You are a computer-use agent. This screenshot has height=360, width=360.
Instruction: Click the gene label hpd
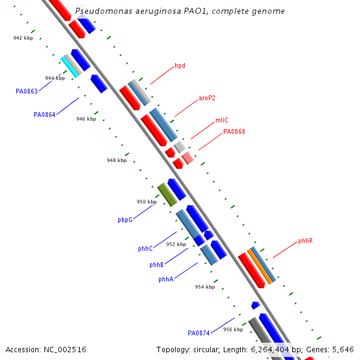[x=180, y=65]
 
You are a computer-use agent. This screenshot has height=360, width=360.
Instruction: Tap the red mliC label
[x=222, y=120]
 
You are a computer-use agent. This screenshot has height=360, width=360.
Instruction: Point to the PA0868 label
[x=234, y=131]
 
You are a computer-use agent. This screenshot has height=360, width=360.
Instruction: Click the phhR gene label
[x=305, y=241]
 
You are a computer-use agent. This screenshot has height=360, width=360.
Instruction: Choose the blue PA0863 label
[x=26, y=91]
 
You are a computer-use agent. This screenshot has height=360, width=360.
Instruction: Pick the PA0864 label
[x=44, y=115]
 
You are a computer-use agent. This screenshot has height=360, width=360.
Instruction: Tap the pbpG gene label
[x=125, y=220]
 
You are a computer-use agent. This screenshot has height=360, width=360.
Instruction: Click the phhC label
[x=145, y=248]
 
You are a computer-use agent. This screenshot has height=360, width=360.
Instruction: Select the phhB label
[x=157, y=265]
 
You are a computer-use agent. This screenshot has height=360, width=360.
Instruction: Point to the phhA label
[x=166, y=280]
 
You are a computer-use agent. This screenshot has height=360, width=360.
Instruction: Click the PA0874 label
[x=199, y=333]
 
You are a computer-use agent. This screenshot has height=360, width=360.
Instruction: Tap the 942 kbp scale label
[x=23, y=38]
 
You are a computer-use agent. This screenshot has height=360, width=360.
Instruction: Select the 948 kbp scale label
[x=116, y=161]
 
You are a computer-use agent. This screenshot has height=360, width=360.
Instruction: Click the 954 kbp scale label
[x=205, y=287]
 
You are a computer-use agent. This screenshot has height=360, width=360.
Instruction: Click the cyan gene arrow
[x=70, y=67]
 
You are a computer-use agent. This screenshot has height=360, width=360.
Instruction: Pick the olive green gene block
[x=167, y=195]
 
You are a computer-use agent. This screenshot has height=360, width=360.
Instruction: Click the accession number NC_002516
[x=64, y=349]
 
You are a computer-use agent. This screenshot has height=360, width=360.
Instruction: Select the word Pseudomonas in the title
[x=99, y=11]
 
